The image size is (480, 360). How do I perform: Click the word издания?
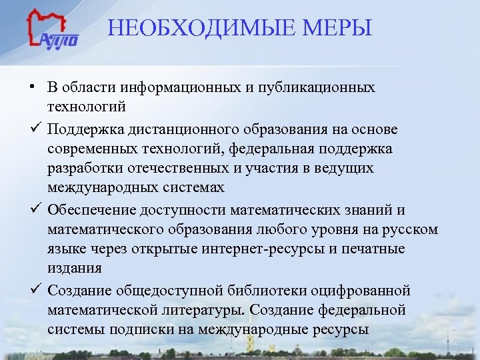pos(75,267)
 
